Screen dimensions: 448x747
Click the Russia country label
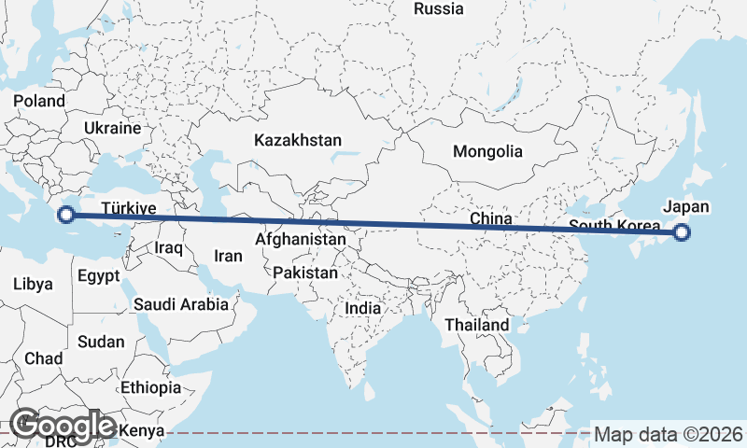click(x=438, y=9)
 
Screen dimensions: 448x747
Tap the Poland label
click(x=39, y=101)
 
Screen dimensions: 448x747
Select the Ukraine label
click(x=112, y=128)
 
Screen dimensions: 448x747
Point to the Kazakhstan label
click(x=298, y=140)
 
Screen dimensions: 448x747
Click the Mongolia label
click(x=487, y=151)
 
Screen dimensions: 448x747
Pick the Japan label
click(x=686, y=207)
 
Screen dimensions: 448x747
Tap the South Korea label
click(x=613, y=227)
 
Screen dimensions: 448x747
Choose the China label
click(x=491, y=219)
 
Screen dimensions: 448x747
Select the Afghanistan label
click(x=300, y=239)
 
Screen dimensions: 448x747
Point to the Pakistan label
click(x=305, y=273)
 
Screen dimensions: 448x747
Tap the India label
click(x=362, y=308)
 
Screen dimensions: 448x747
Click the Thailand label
click(x=477, y=325)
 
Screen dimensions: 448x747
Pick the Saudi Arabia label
click(x=180, y=304)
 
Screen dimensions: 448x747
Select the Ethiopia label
click(x=150, y=387)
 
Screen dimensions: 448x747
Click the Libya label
click(x=34, y=284)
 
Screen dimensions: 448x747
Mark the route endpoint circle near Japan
click(x=682, y=233)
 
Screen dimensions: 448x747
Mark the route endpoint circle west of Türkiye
click(x=65, y=215)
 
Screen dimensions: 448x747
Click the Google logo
click(x=63, y=426)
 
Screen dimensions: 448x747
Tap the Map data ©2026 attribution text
click(x=668, y=434)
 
